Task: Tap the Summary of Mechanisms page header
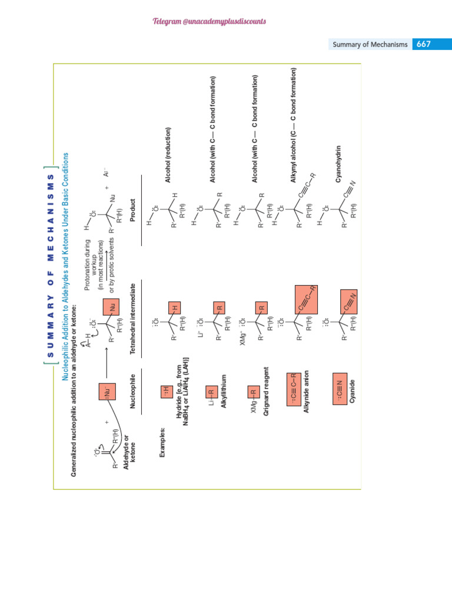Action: pyautogui.click(x=370, y=45)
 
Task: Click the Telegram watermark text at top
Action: pyautogui.click(x=209, y=22)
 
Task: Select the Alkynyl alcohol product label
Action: pyautogui.click(x=294, y=134)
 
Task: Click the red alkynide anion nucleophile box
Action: pyautogui.click(x=295, y=390)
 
